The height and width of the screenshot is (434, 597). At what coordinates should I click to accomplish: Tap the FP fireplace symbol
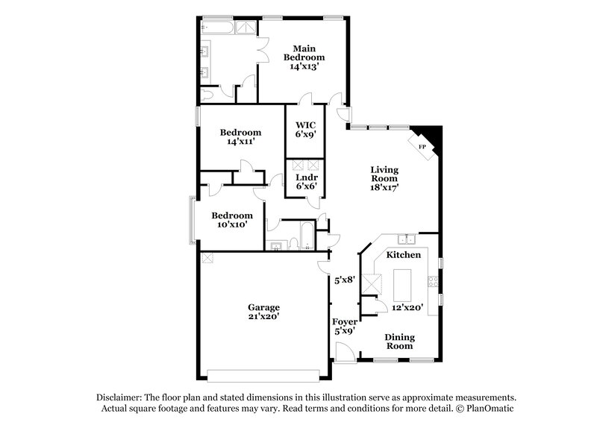click(422, 146)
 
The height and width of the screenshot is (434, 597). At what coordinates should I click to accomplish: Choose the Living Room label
click(385, 179)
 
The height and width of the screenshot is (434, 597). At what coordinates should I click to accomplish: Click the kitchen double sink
click(407, 239)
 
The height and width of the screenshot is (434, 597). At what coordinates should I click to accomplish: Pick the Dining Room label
click(399, 342)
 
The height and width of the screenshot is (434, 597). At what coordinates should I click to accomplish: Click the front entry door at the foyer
click(345, 353)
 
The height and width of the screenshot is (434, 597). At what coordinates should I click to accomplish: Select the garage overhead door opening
click(264, 374)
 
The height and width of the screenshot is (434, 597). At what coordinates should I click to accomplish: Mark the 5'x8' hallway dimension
click(344, 280)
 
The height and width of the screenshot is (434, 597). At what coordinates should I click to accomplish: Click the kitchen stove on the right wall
click(431, 282)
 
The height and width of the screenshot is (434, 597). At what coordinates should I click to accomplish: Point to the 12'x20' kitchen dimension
click(407, 306)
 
